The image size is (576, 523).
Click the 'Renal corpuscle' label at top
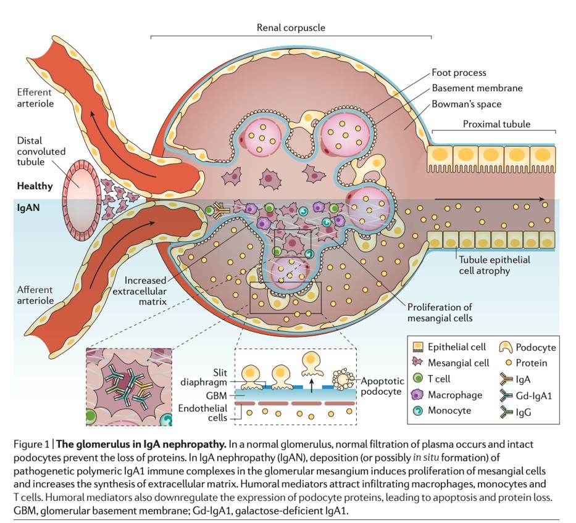[291, 28]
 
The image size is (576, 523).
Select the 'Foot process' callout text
[459, 73]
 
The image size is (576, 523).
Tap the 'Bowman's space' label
[467, 104]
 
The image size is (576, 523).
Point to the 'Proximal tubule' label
[496, 124]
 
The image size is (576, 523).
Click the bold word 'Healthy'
[35, 186]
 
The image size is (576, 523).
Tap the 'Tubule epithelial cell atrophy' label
[492, 265]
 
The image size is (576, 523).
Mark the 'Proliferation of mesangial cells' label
[440, 313]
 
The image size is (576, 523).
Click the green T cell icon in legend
[417, 379]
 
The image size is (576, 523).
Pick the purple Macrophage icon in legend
[417, 395]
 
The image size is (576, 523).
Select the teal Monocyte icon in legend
[417, 411]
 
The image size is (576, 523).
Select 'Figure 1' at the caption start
[33, 444]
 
